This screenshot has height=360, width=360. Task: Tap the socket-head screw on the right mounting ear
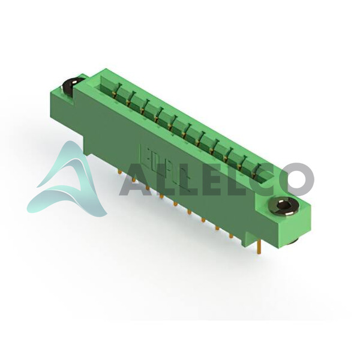pos(283,206)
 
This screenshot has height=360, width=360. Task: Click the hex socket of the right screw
pos(283,205)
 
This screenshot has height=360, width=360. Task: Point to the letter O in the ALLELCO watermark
pos(297,179)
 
